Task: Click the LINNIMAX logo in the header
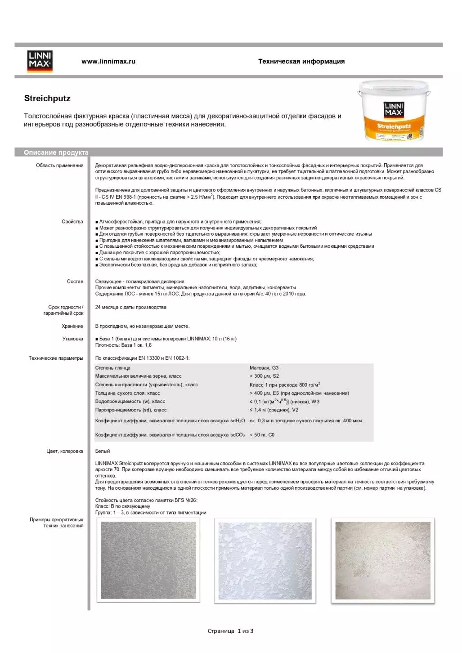pyautogui.click(x=40, y=61)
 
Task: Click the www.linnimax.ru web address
pyautogui.click(x=108, y=61)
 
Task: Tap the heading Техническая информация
pyautogui.click(x=301, y=61)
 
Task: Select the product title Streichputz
pyautogui.click(x=47, y=98)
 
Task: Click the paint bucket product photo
pyautogui.click(x=394, y=111)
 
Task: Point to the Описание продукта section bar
pyautogui.click(x=56, y=152)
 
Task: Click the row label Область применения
pyautogui.click(x=59, y=165)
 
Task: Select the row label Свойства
pyautogui.click(x=72, y=222)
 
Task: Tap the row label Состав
pyautogui.click(x=75, y=282)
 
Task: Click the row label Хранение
pyautogui.click(x=72, y=326)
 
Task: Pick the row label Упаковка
pyautogui.click(x=72, y=339)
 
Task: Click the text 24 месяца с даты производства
pyautogui.click(x=130, y=307)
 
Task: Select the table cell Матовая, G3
pyautogui.click(x=264, y=368)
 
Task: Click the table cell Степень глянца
pyautogui.click(x=112, y=368)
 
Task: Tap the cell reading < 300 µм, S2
pyautogui.click(x=264, y=376)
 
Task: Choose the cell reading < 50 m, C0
pyautogui.click(x=262, y=435)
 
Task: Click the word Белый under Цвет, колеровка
pyautogui.click(x=103, y=451)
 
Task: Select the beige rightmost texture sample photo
pyautogui.click(x=383, y=560)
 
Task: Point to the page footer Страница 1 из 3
pyautogui.click(x=230, y=631)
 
